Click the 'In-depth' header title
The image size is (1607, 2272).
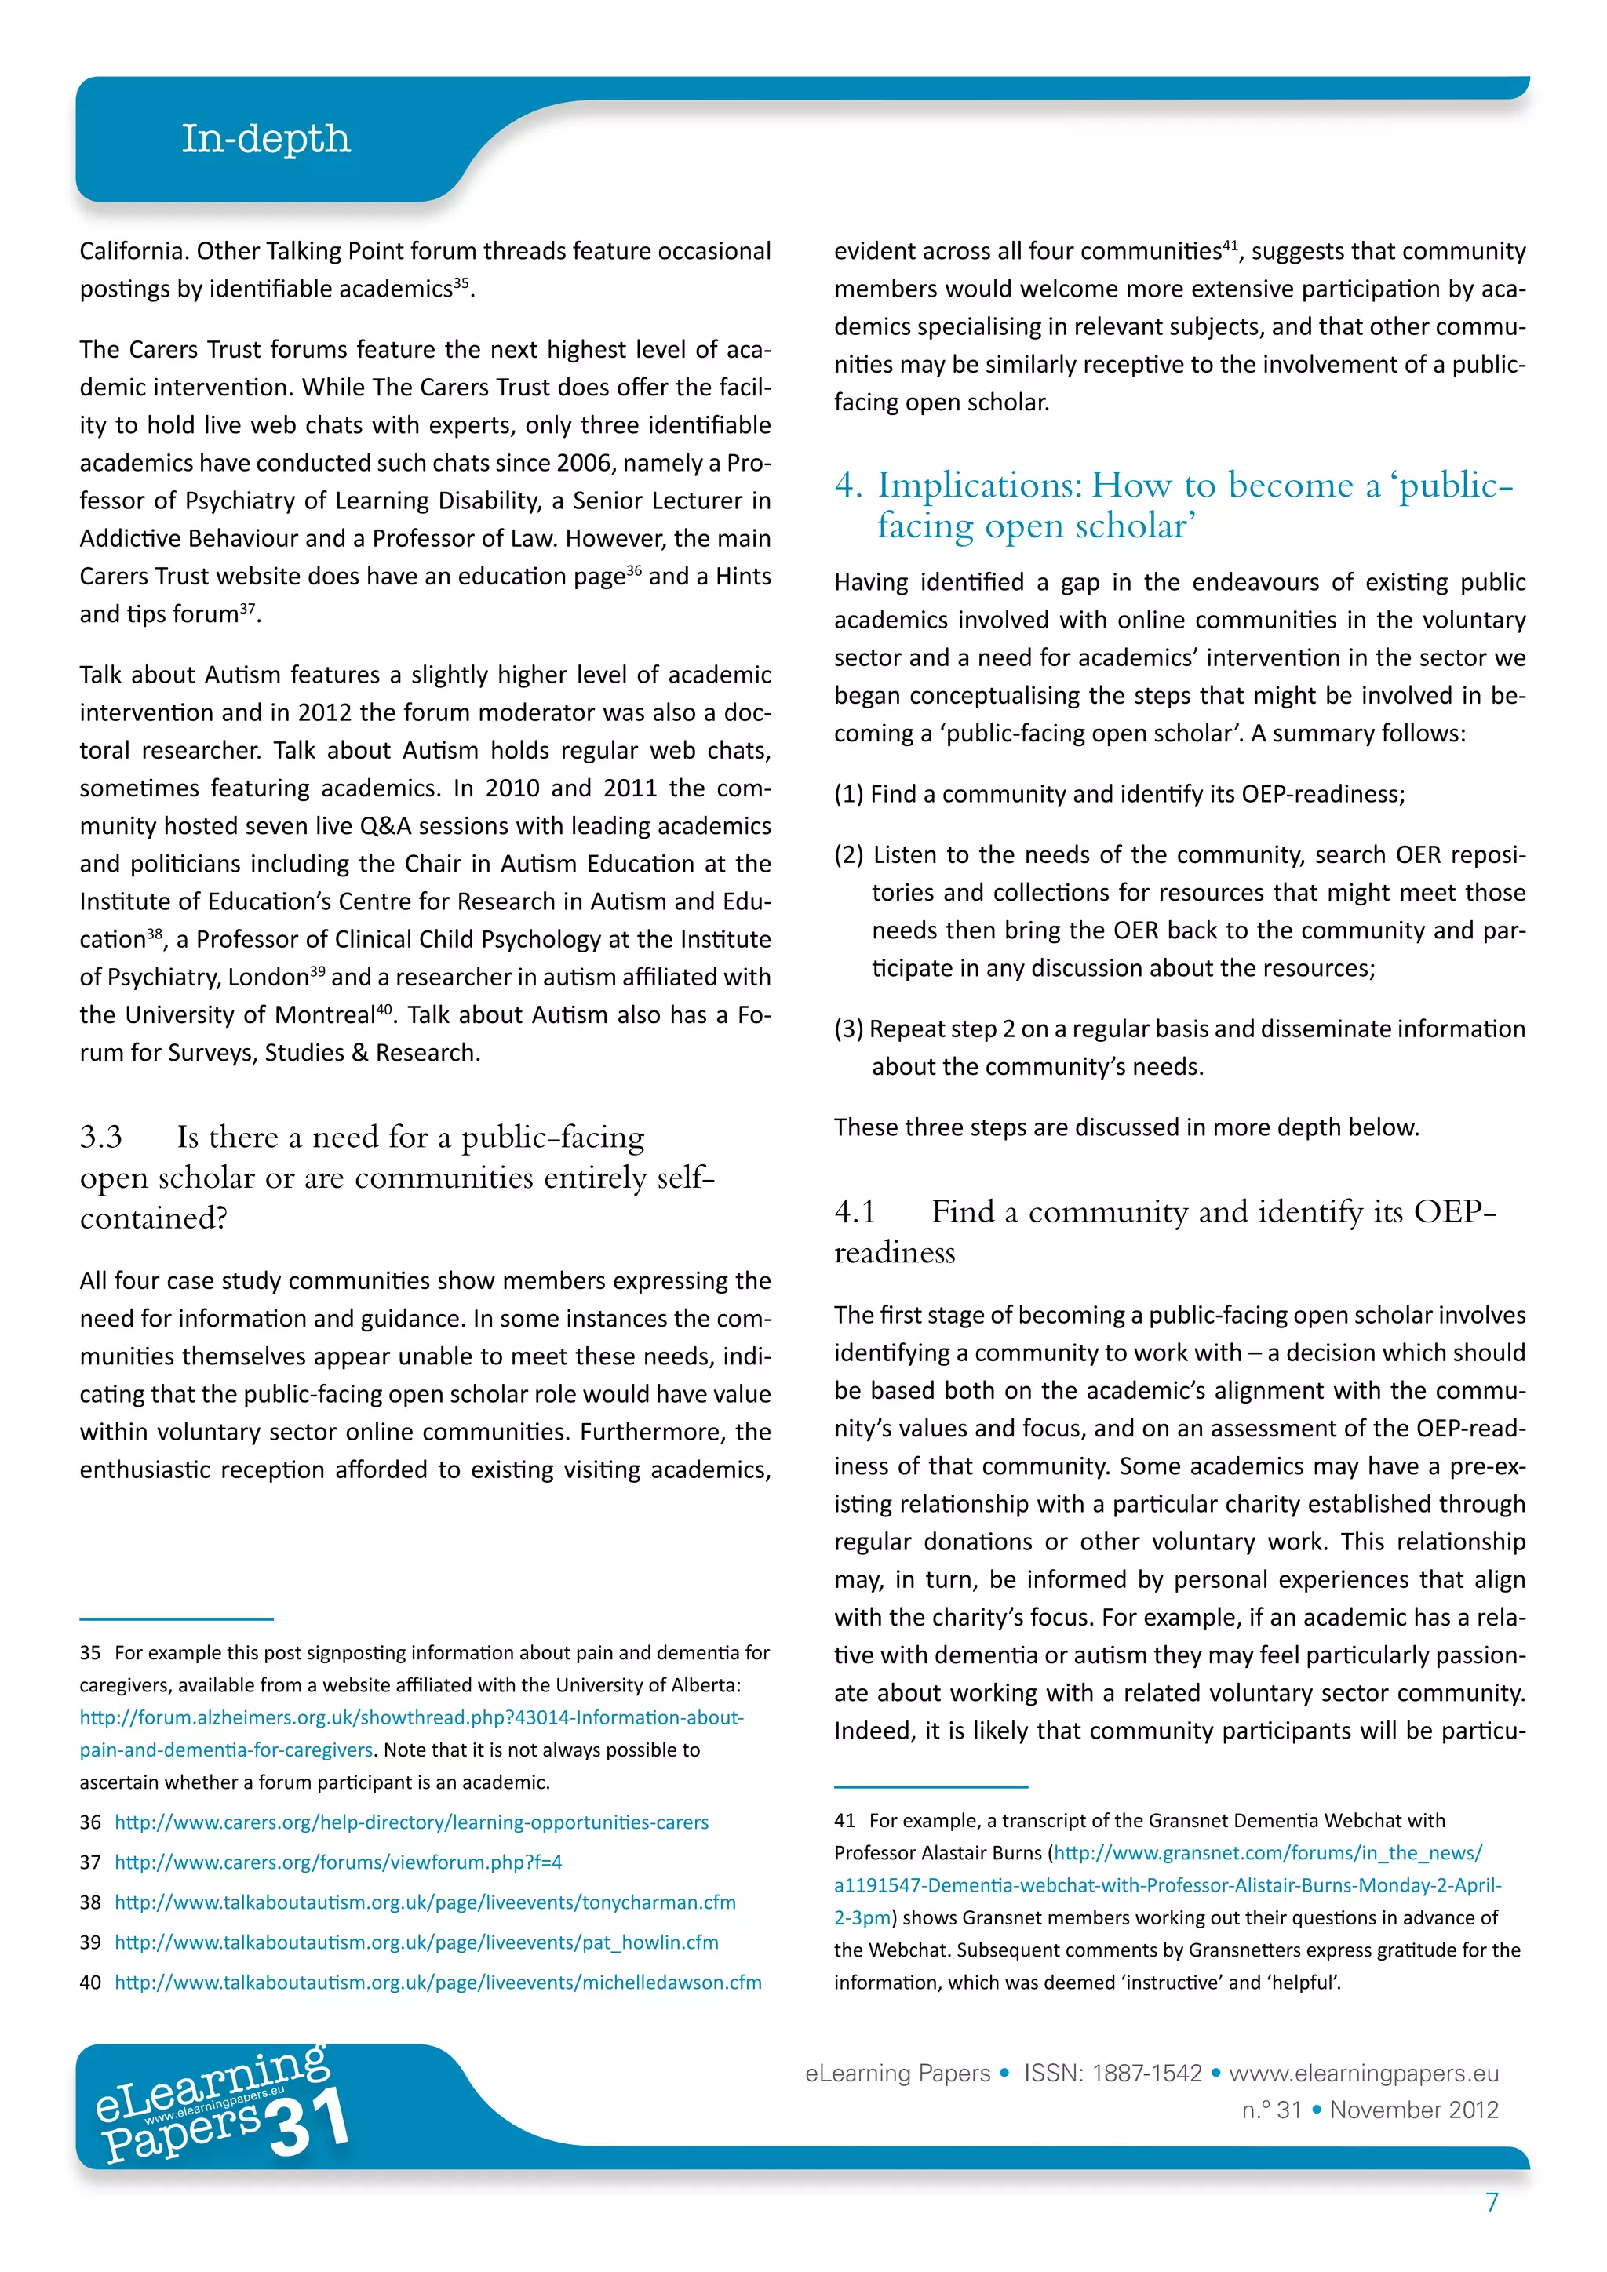point(265,139)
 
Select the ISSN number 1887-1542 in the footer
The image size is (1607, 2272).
point(1147,2073)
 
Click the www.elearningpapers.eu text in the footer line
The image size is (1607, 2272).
point(1364,2073)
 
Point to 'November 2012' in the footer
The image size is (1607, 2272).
point(1414,2110)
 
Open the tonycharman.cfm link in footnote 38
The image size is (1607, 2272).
point(425,1902)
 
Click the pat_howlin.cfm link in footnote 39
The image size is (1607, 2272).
point(416,1942)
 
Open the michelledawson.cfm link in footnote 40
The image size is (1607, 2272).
point(437,1982)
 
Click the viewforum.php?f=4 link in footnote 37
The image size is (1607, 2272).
point(337,1862)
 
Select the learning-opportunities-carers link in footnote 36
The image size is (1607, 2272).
point(412,1822)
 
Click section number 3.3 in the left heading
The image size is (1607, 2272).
point(101,1137)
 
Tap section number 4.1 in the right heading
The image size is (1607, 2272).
point(855,1211)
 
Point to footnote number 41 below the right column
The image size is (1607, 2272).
point(844,1821)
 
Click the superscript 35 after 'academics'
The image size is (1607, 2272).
point(461,282)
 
